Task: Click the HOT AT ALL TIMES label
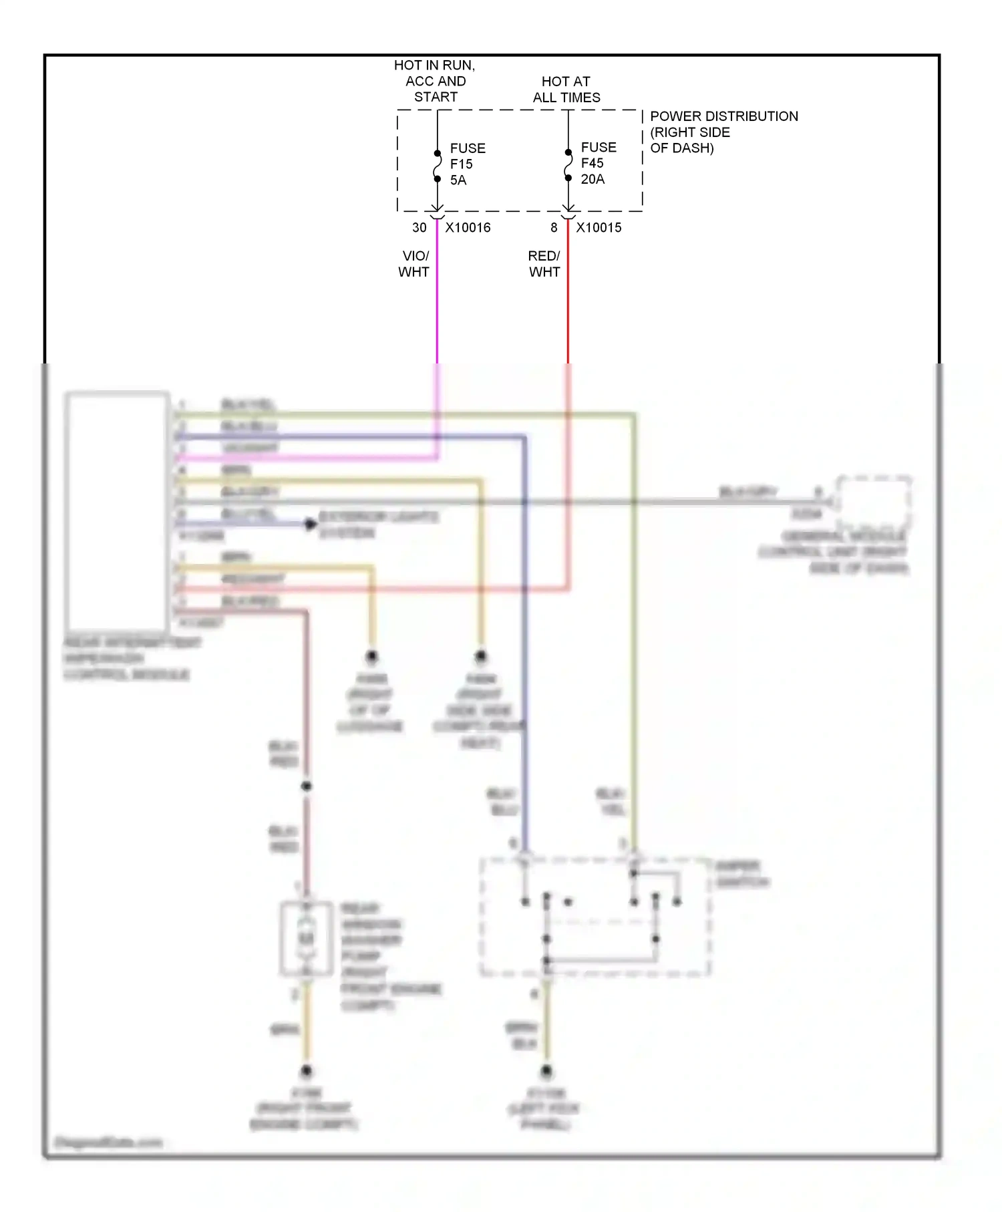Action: [566, 90]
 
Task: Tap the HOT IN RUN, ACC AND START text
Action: [435, 81]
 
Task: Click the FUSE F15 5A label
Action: [467, 164]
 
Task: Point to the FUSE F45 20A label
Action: [598, 163]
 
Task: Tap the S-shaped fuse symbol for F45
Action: [568, 166]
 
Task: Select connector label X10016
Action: [468, 228]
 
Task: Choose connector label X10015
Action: [599, 228]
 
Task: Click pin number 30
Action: [419, 228]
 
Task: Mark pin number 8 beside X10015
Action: [554, 228]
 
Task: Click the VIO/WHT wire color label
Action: [414, 264]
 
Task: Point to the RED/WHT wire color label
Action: [544, 264]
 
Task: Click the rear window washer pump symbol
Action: [307, 939]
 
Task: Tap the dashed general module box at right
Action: [874, 501]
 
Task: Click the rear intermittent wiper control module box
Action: [117, 511]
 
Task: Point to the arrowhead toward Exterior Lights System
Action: [311, 524]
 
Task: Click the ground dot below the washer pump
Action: [307, 1071]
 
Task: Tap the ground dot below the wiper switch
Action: [546, 1071]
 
